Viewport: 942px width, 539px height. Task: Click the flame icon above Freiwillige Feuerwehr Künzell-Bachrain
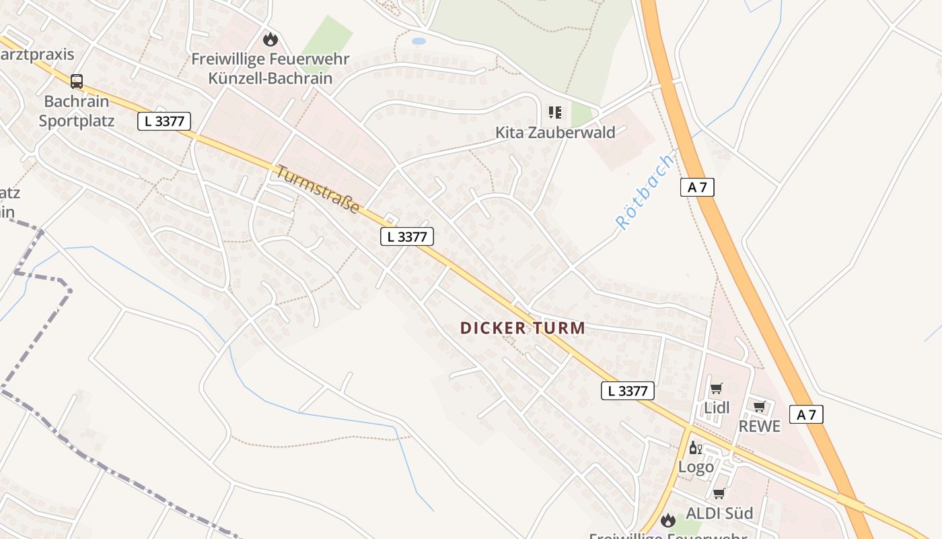tap(270, 39)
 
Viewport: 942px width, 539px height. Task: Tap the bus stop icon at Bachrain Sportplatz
tap(77, 82)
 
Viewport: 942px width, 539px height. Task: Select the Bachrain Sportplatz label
tap(76, 111)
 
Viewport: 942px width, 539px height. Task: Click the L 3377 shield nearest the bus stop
tap(164, 121)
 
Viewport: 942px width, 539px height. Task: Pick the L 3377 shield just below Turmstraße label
tap(406, 236)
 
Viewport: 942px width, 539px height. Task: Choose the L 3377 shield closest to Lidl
tap(627, 391)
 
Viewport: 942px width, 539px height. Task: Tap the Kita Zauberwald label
tap(555, 132)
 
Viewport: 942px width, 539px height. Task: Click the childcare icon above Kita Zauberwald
tap(555, 112)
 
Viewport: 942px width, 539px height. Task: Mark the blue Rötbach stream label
tap(644, 192)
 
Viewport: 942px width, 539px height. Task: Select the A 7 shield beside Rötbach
tap(697, 187)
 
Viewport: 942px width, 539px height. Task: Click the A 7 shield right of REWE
tap(806, 414)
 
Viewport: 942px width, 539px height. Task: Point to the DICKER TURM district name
tap(522, 328)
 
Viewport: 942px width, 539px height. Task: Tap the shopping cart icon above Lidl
tap(717, 389)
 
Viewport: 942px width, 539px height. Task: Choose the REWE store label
tap(760, 426)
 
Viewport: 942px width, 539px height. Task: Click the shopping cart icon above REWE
tap(760, 406)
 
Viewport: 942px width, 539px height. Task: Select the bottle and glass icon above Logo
tap(695, 448)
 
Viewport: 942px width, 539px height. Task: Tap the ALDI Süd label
tap(719, 513)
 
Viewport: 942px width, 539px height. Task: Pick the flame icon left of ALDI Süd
tap(667, 519)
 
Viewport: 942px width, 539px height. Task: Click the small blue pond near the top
tap(419, 41)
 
